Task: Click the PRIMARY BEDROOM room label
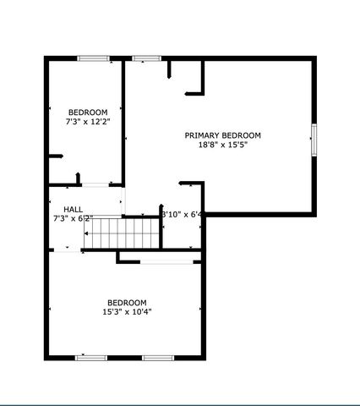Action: click(223, 135)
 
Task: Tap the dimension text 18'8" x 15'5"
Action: click(223, 145)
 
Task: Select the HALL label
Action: click(74, 209)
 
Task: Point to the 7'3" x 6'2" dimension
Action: click(72, 218)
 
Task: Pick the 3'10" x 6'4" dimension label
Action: click(182, 215)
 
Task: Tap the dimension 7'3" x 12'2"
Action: click(88, 122)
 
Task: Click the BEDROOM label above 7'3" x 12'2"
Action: click(88, 112)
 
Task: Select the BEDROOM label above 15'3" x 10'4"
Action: click(127, 303)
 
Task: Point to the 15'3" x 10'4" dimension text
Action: click(127, 312)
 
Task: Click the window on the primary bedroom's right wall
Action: click(314, 139)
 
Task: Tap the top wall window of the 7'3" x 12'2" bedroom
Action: click(93, 58)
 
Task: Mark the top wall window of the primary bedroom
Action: click(146, 58)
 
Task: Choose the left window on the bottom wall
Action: click(91, 358)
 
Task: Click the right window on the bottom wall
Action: click(157, 358)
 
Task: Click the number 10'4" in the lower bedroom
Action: click(141, 312)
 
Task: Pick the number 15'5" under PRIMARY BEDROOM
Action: click(240, 145)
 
